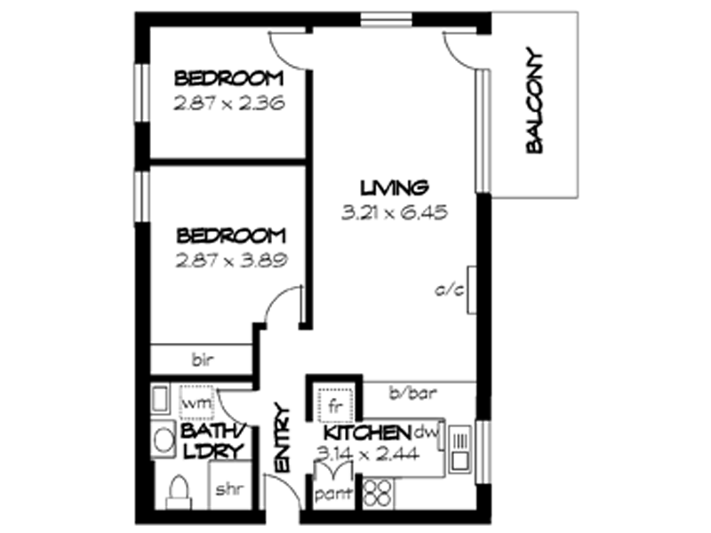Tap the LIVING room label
pos(395,187)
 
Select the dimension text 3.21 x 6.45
pos(394,212)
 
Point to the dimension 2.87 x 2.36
pos(228,103)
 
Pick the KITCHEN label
pos(365,434)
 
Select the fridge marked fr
pos(335,405)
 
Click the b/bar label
pos(410,392)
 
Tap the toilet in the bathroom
pos(177,491)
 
